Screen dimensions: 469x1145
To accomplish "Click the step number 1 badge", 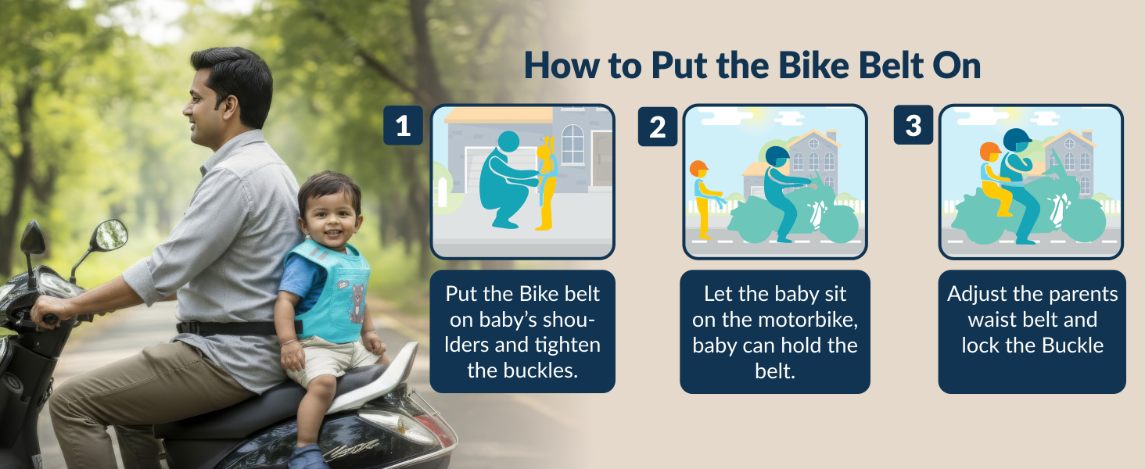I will (403, 125).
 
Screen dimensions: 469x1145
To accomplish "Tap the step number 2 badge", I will (658, 127).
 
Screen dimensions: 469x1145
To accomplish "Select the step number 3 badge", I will (913, 125).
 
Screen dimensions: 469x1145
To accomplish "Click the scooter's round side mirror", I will (110, 234).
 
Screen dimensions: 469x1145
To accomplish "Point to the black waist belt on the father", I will (227, 328).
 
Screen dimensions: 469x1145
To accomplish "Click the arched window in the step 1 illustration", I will (572, 144).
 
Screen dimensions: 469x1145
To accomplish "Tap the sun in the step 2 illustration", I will (754, 116).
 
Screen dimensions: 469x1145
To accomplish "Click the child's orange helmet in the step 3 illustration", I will (989, 151).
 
